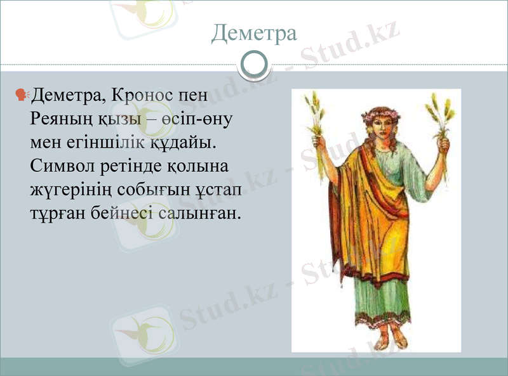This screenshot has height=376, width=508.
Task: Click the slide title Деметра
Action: (x=254, y=32)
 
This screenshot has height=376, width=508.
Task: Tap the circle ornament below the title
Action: (x=254, y=65)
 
